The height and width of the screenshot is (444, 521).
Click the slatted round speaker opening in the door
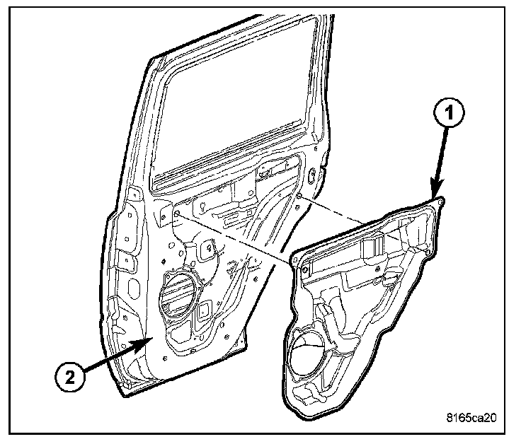[178, 293]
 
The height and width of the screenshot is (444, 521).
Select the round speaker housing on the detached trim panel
[308, 354]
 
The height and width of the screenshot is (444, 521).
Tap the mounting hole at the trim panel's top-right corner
[441, 202]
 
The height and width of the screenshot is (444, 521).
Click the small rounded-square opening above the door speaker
[207, 248]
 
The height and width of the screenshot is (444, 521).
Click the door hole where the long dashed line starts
[174, 211]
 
